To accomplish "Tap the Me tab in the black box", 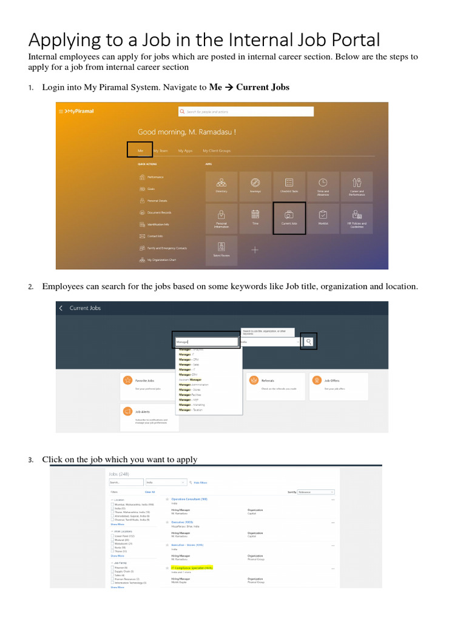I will (x=140, y=150).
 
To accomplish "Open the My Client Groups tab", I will (x=216, y=150).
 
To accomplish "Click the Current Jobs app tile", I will (x=289, y=218).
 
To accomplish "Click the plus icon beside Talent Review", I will (x=255, y=250).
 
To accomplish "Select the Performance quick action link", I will (x=155, y=177).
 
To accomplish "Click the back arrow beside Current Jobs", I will (x=61, y=308).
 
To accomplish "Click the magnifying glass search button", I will (x=309, y=341).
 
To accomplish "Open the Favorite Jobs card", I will (x=149, y=384).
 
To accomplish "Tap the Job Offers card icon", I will (x=317, y=380).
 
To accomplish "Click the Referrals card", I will (x=275, y=384).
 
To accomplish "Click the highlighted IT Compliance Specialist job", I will (x=192, y=568).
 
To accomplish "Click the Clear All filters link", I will (x=149, y=492).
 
